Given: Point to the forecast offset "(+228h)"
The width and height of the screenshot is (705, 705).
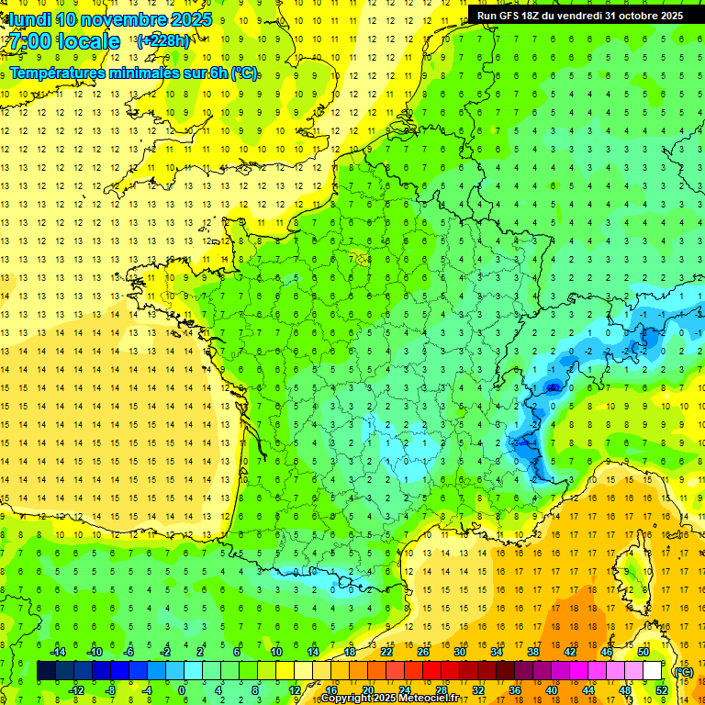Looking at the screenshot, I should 162,41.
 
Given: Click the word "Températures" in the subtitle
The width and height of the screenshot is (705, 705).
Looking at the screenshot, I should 57,73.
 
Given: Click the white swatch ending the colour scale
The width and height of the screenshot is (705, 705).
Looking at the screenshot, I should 653,671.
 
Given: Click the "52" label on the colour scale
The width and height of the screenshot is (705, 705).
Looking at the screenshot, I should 662,690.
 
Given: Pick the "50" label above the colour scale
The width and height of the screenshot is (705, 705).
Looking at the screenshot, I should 643,652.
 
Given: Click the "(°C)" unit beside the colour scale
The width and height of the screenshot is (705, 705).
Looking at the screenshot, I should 683,671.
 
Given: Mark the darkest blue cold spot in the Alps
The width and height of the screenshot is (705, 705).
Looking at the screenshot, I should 553,387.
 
